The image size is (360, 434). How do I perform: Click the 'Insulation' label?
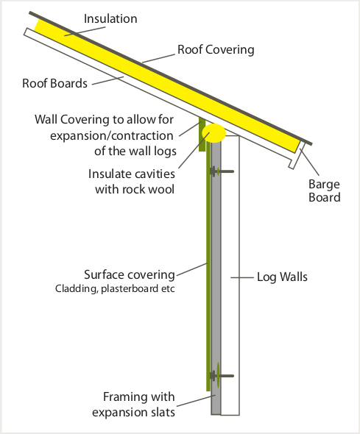110,19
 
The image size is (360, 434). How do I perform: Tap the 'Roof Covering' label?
216,50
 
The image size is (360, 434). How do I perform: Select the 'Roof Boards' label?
54,83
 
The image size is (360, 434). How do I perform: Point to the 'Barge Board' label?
324,191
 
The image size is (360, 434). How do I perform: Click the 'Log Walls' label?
282,277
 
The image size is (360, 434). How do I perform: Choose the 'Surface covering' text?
130,274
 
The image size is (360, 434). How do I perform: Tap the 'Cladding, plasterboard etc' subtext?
115,288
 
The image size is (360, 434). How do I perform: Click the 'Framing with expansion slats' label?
133,405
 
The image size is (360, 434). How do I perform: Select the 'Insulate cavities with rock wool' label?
132,182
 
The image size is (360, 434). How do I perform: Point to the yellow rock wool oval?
213,133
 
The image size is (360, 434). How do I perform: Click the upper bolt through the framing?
222,171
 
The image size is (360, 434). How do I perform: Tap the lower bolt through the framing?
222,376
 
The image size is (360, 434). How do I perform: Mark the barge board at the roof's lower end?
297,155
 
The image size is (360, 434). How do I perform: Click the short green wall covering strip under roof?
202,134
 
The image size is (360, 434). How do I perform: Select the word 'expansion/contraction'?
112,136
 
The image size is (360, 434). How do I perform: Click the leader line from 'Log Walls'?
242,277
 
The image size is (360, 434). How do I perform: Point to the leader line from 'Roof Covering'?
159,58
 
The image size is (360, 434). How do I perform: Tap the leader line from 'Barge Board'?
309,162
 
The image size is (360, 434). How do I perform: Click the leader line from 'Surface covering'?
191,269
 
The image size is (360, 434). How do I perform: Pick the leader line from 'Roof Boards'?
107,80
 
